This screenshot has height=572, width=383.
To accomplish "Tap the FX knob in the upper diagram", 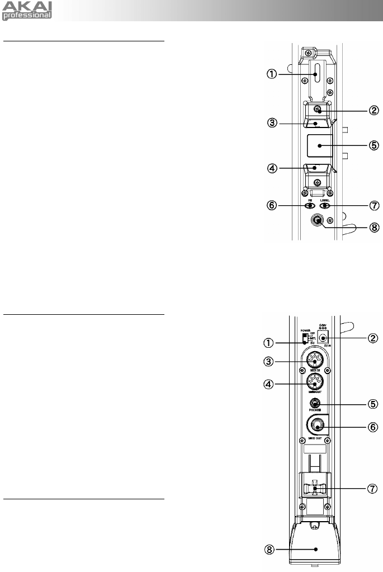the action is point(309,205).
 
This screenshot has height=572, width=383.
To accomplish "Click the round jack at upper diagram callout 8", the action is point(316,220).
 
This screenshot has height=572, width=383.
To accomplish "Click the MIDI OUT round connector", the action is point(316,383).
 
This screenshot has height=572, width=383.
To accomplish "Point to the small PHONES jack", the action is point(316,404).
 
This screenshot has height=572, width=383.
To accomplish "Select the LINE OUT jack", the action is point(317,426).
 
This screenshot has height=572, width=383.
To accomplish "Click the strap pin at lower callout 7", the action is point(316,489).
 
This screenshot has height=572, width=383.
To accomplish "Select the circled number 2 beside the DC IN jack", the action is point(358,338).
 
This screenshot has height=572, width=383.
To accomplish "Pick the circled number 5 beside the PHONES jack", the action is point(358,404).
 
